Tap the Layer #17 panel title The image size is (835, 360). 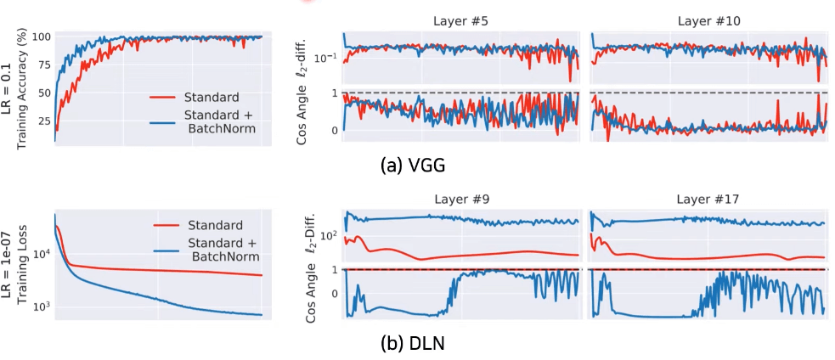point(708,200)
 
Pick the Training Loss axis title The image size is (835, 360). point(25,266)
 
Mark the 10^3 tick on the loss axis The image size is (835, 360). point(43,307)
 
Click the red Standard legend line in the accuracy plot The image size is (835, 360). point(166,96)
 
